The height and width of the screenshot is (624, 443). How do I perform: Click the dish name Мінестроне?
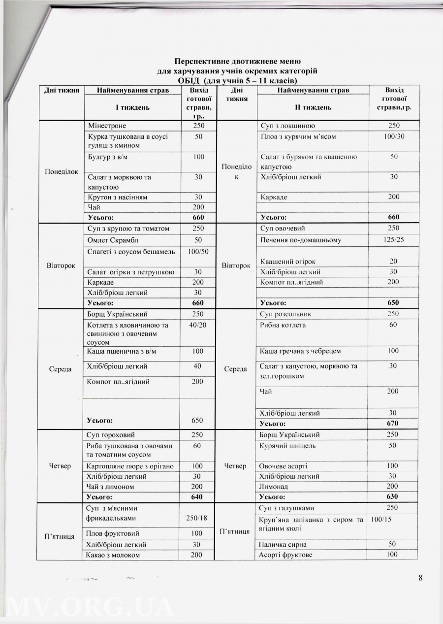coord(105,126)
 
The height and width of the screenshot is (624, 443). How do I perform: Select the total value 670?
coord(392,423)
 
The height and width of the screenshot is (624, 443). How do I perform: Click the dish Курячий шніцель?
coord(287,446)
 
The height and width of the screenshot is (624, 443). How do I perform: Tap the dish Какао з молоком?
coord(113,555)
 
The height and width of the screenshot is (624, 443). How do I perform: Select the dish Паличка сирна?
coord(283,545)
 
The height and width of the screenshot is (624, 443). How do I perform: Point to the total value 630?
coord(392,496)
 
